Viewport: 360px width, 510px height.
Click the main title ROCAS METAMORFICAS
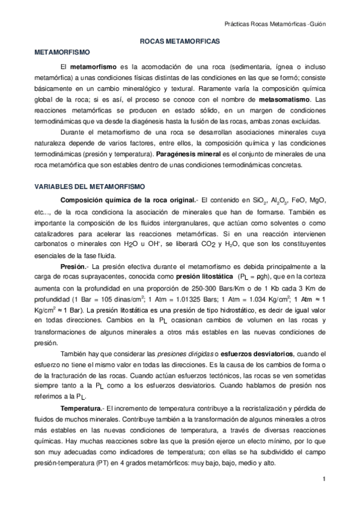[180, 42]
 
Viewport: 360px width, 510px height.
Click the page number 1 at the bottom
[323, 479]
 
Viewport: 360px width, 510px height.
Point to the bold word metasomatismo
[282, 99]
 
